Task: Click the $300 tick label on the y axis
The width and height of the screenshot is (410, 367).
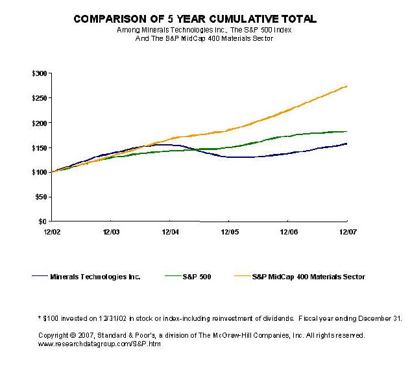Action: click(40, 73)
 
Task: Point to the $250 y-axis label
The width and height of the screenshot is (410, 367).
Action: click(40, 98)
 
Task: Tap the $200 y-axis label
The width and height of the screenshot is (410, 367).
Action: click(40, 123)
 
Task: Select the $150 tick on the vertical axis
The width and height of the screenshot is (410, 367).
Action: click(40, 147)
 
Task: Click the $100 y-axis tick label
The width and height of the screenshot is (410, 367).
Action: click(40, 172)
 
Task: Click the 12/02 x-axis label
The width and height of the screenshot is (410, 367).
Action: click(52, 231)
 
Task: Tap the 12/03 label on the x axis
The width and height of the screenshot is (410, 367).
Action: click(111, 231)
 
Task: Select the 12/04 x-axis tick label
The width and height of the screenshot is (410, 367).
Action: click(170, 231)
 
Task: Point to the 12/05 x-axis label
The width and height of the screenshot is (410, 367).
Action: click(229, 231)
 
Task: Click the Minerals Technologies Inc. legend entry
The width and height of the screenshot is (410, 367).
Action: click(95, 277)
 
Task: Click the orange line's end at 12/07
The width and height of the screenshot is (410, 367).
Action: click(347, 86)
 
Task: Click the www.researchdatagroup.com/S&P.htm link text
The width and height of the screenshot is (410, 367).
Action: click(99, 344)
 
